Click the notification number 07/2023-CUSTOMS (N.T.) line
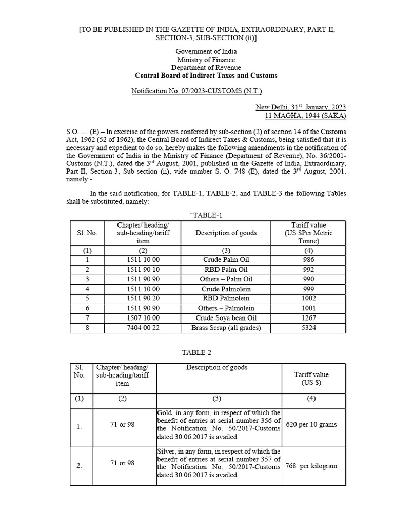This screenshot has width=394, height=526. (x=197, y=91)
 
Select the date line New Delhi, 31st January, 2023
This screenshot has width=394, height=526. (x=301, y=107)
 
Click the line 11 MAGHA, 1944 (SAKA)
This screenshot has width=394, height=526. (x=305, y=116)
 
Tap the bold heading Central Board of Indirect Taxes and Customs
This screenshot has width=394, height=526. (x=206, y=76)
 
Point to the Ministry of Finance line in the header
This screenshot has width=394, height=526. (x=206, y=60)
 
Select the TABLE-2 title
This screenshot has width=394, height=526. (x=196, y=352)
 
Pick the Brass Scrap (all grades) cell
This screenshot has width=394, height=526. (x=226, y=328)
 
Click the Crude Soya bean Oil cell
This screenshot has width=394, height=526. (x=226, y=318)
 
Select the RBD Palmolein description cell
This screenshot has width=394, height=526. (x=226, y=298)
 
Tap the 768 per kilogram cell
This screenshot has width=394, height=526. (x=311, y=466)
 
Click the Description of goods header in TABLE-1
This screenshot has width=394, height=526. (x=226, y=233)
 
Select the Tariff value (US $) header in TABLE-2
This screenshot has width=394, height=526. (x=313, y=379)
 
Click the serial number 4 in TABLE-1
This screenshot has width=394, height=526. (x=87, y=289)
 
